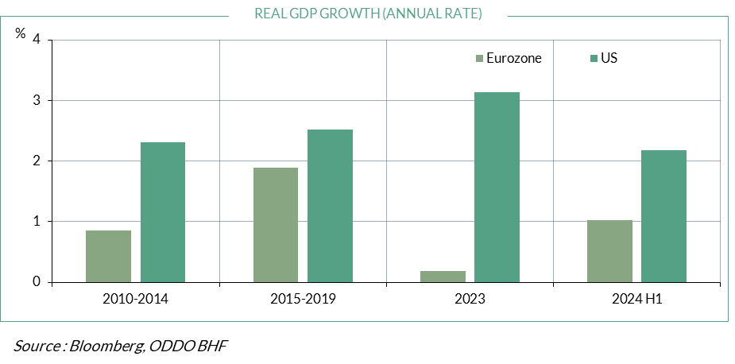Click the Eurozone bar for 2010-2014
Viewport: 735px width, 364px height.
click(x=109, y=256)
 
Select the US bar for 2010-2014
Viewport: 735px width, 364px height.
click(x=163, y=212)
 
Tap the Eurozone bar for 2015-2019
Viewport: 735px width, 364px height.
click(x=276, y=225)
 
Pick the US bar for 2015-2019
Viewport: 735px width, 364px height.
click(x=330, y=206)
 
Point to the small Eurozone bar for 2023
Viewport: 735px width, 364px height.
click(x=443, y=277)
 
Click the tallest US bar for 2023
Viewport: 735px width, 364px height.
click(x=497, y=187)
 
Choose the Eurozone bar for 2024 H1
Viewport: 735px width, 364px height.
click(x=609, y=251)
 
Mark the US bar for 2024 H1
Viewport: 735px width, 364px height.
click(x=663, y=216)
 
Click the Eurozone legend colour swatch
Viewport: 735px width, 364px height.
click(x=479, y=58)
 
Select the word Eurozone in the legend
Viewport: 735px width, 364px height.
click(x=514, y=58)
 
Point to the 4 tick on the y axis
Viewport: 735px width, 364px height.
click(x=37, y=41)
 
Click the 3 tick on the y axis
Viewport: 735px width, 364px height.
click(x=37, y=101)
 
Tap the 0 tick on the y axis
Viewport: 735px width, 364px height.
click(x=37, y=282)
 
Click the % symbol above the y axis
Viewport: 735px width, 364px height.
click(x=21, y=33)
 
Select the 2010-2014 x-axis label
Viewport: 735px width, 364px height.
click(x=136, y=300)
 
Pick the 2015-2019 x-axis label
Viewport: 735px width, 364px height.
click(x=303, y=300)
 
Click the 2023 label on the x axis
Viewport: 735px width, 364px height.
click(x=470, y=300)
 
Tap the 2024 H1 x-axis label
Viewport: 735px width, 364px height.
click(x=636, y=300)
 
